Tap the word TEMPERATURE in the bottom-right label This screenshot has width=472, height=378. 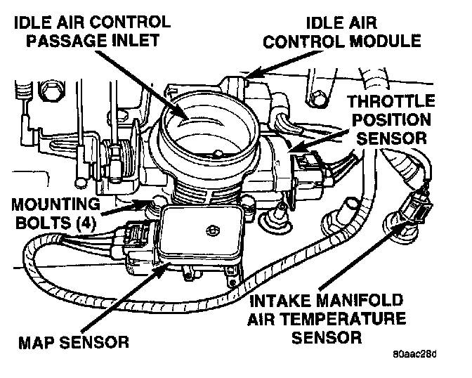click(x=349, y=320)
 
